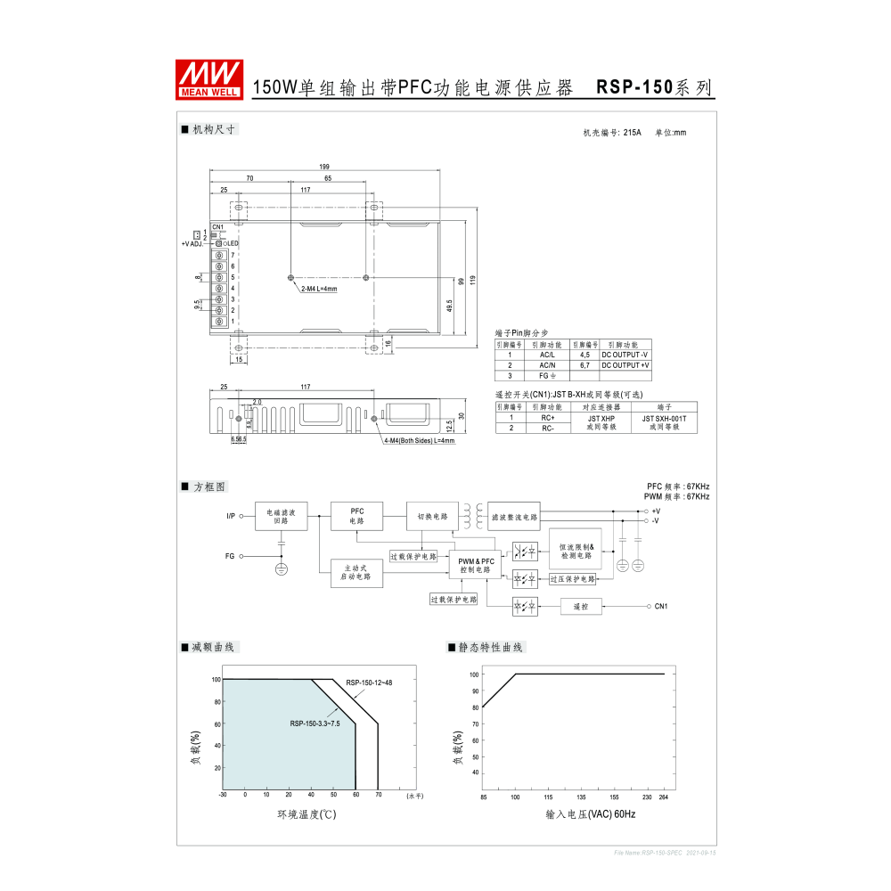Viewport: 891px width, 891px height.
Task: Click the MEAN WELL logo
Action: coord(209,78)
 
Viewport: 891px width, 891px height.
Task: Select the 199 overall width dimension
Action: coord(323,167)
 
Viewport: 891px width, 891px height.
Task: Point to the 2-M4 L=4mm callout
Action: coord(319,289)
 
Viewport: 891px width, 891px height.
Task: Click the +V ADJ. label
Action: coord(192,243)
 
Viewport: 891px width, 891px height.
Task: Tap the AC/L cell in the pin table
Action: coord(547,355)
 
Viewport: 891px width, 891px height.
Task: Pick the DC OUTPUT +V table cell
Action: coord(625,365)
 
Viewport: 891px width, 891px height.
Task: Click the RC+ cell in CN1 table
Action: coord(547,417)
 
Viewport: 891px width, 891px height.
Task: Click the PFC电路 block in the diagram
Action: coord(356,516)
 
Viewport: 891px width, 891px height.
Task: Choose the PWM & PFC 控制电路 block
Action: coord(476,565)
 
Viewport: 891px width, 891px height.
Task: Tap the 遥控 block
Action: coord(581,607)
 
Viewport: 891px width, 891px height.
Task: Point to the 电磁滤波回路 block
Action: coord(282,516)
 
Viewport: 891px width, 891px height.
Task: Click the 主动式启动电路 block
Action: coord(356,572)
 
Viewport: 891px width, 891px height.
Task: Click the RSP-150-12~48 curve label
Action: coord(369,683)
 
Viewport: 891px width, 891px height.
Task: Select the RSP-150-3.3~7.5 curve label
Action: coord(315,723)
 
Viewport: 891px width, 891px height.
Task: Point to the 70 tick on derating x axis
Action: coord(378,795)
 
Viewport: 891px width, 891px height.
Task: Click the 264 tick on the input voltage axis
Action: coord(664,797)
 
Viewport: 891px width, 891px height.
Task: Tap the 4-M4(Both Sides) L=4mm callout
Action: coord(419,440)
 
